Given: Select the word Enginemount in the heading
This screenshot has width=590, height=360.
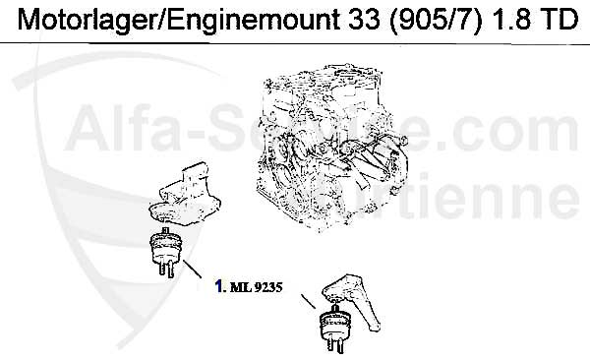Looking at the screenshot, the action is tap(253, 20).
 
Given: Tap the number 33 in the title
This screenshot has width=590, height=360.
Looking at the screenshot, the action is tap(364, 19).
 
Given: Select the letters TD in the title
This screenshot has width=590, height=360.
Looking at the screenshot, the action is tap(557, 19).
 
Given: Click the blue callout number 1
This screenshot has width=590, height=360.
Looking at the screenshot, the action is tap(218, 286).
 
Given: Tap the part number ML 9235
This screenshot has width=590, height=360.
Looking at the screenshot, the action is tap(256, 287).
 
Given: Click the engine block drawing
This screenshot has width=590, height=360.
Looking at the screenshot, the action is tap(331, 147).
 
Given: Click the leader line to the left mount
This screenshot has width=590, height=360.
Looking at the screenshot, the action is tap(193, 269).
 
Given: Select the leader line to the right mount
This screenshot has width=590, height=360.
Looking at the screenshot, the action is tap(309, 301).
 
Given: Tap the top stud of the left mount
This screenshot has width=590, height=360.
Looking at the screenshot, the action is tap(165, 230).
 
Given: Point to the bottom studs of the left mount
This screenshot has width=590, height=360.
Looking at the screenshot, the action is tap(165, 269).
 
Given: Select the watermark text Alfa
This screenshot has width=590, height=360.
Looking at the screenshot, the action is tap(124, 128).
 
